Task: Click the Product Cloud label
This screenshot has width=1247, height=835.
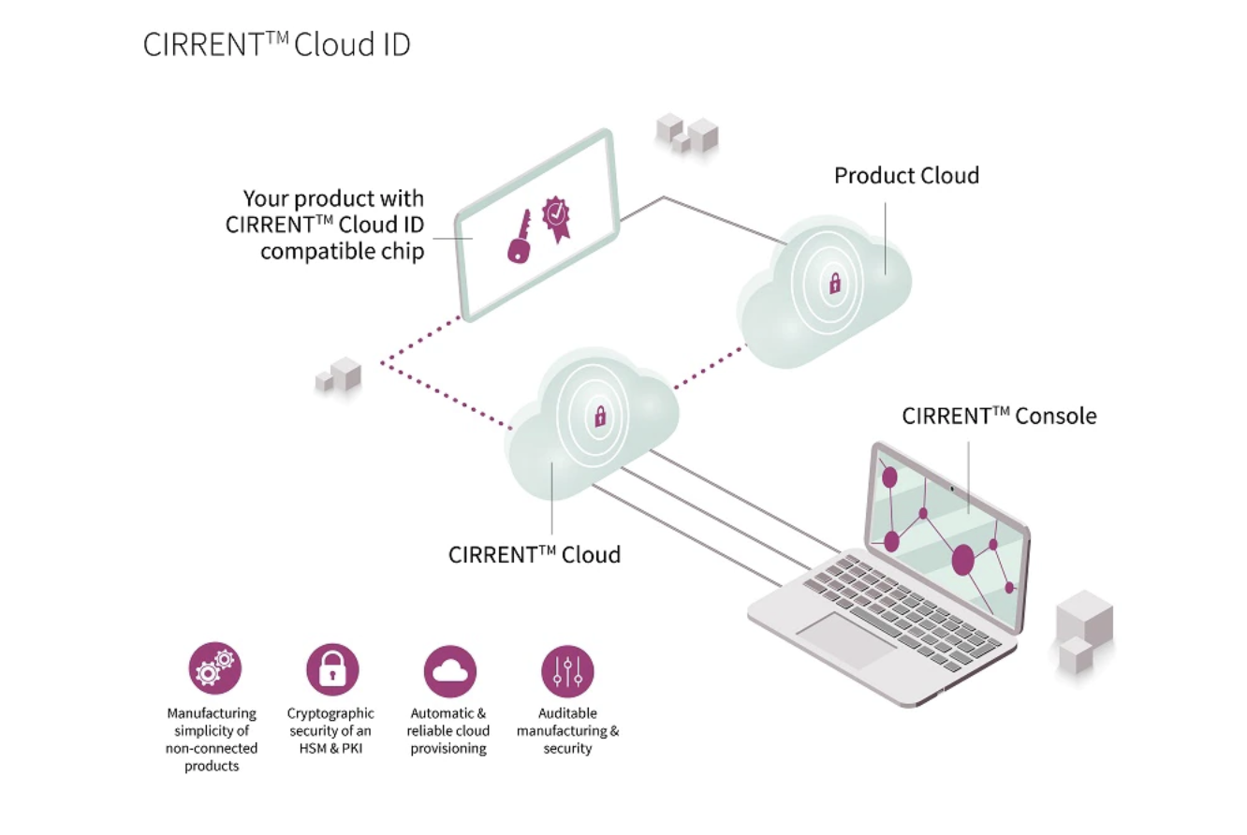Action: [906, 176]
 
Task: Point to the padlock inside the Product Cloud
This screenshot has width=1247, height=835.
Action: [832, 283]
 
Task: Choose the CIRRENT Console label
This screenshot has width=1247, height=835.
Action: [998, 417]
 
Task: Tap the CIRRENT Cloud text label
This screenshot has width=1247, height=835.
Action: [534, 554]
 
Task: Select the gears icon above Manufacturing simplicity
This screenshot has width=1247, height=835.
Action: [215, 668]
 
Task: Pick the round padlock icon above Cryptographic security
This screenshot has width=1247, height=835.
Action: [332, 668]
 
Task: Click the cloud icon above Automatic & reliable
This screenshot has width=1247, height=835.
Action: [450, 669]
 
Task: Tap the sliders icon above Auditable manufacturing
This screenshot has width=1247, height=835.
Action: [567, 669]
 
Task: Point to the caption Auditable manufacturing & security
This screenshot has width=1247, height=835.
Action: [567, 731]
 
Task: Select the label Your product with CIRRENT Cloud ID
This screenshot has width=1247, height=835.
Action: [325, 225]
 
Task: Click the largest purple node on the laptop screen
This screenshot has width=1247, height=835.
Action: [963, 560]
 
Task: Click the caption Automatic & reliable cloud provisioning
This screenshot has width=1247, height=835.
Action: [448, 731]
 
